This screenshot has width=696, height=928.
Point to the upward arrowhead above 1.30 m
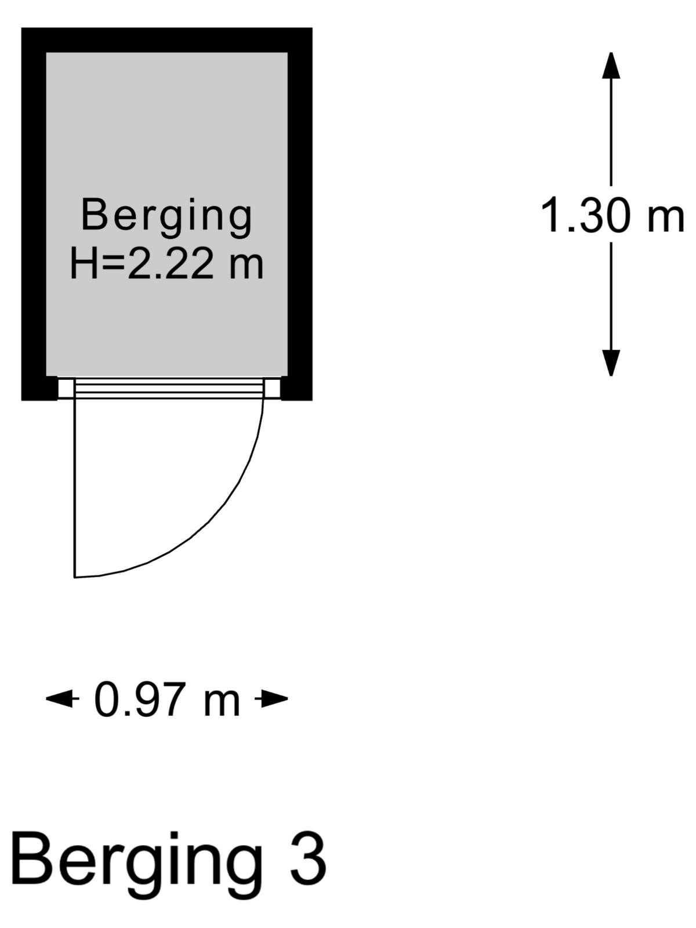611,66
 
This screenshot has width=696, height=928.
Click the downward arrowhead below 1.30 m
611,362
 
